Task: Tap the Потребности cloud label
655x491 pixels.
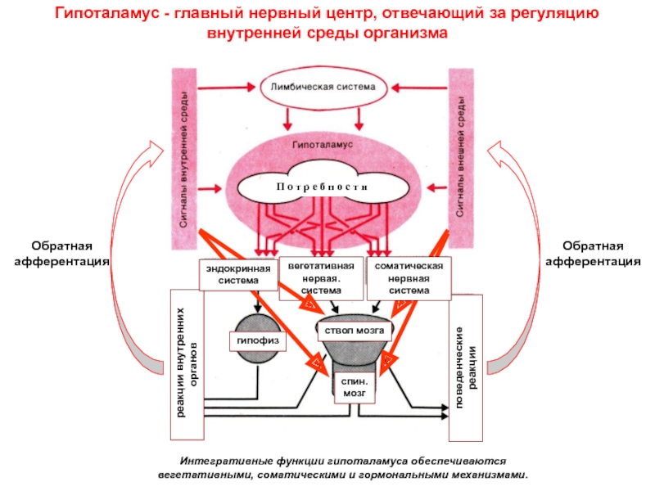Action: click(x=324, y=187)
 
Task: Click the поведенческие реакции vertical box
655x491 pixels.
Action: click(x=466, y=358)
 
